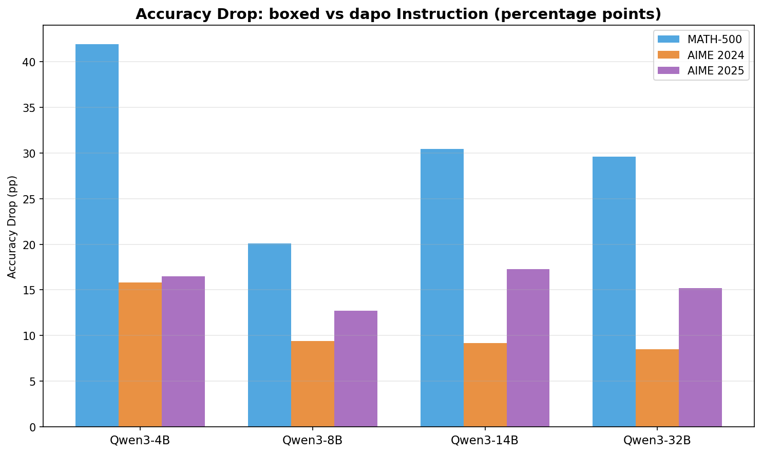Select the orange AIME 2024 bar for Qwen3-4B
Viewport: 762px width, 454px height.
[x=140, y=354]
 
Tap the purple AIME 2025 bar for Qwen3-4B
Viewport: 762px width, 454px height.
[x=183, y=351]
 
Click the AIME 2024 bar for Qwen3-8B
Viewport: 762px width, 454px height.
[x=313, y=384]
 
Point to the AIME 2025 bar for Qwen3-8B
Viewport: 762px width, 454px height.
[x=356, y=369]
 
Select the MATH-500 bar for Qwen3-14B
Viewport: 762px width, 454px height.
[x=442, y=288]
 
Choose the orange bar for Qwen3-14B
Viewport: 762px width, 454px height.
[x=485, y=385]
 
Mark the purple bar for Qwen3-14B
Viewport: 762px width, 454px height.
[x=528, y=348]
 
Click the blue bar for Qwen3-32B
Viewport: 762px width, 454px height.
[x=614, y=292]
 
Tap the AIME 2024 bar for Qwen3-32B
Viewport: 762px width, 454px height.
[x=657, y=388]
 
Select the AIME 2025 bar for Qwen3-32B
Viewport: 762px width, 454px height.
[x=700, y=357]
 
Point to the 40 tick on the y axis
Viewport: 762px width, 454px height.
[x=29, y=62]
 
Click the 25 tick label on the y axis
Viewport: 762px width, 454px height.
[x=29, y=199]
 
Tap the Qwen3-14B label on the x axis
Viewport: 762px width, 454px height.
[x=485, y=441]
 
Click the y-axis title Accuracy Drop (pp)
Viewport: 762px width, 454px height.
[x=12, y=226]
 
